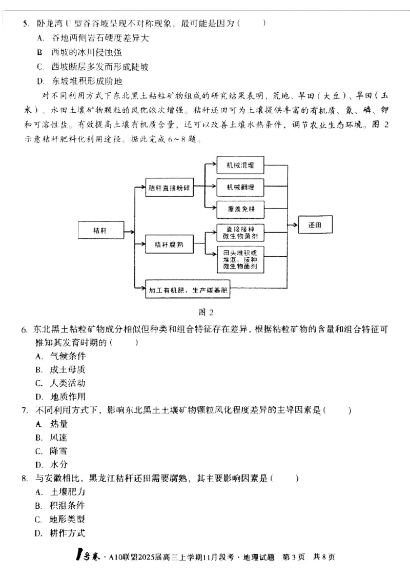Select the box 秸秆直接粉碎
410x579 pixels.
[169, 188]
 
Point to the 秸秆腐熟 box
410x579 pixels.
[169, 245]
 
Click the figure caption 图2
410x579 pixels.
[205, 312]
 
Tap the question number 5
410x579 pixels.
[24, 24]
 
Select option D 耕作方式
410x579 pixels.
[67, 533]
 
